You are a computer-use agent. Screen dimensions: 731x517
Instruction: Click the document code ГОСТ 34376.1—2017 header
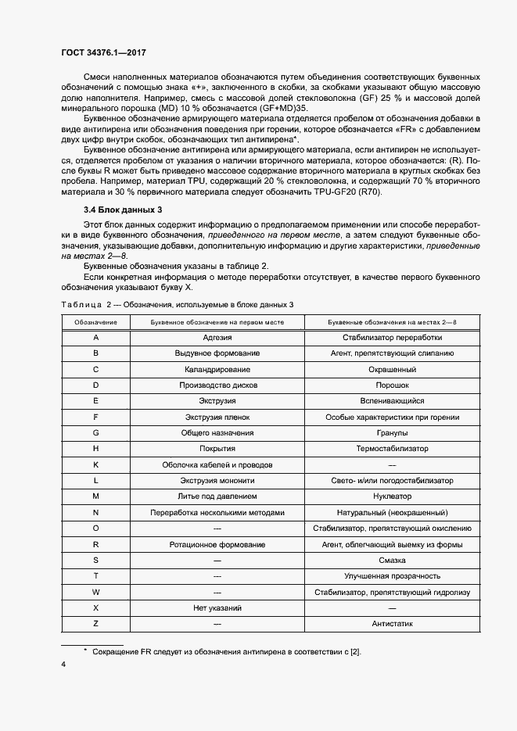pyautogui.click(x=103, y=52)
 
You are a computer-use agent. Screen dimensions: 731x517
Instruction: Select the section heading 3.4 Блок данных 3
pyautogui.click(x=123, y=231)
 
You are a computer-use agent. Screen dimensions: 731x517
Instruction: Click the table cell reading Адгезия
pyautogui.click(x=217, y=337)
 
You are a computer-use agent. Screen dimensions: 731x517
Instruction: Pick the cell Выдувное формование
pyautogui.click(x=217, y=353)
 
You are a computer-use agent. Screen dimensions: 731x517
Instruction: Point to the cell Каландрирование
pyautogui.click(x=217, y=369)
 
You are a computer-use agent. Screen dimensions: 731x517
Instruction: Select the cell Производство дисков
pyautogui.click(x=217, y=385)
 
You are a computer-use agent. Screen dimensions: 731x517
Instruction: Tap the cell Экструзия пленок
pyautogui.click(x=217, y=417)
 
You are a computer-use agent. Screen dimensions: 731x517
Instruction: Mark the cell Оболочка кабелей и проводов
pyautogui.click(x=217, y=464)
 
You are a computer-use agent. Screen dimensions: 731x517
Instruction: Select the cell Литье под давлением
pyautogui.click(x=217, y=496)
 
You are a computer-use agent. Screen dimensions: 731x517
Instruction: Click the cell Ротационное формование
pyautogui.click(x=217, y=544)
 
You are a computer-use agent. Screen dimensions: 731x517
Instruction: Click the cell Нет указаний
pyautogui.click(x=217, y=608)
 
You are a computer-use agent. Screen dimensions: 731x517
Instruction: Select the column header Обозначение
pyautogui.click(x=95, y=321)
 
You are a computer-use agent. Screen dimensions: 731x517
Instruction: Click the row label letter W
pyautogui.click(x=95, y=593)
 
